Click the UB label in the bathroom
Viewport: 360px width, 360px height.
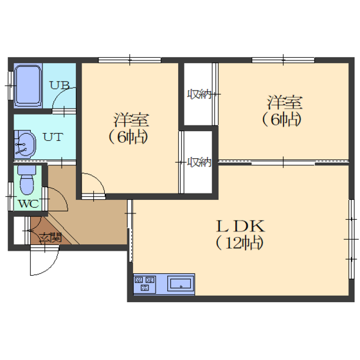click(x=60, y=85)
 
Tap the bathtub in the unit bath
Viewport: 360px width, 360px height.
click(x=28, y=85)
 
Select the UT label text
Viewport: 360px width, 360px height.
click(x=53, y=137)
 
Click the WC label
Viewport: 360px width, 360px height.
click(x=28, y=204)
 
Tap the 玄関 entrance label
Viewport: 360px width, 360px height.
click(x=50, y=238)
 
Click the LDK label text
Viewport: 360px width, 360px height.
click(x=240, y=226)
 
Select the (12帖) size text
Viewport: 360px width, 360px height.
click(x=239, y=243)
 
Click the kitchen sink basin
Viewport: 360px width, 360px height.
click(x=181, y=284)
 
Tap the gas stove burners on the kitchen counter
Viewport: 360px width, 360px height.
click(x=145, y=283)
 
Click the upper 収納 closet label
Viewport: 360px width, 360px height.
click(x=199, y=94)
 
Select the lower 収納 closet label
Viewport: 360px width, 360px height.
click(x=199, y=162)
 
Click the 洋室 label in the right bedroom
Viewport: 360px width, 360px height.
click(x=285, y=102)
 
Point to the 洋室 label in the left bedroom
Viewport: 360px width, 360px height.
click(x=131, y=120)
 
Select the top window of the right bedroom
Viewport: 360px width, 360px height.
click(x=283, y=60)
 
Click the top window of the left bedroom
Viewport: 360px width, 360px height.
click(x=130, y=60)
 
